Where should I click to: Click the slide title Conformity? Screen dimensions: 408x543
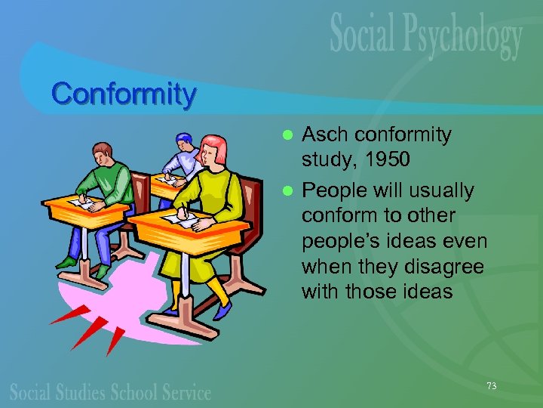(124, 95)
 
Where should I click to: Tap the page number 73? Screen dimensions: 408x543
(492, 386)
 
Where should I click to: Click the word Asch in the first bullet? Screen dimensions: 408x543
(326, 135)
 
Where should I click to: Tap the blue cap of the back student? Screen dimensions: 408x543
(184, 139)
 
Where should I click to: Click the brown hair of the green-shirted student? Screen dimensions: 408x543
(103, 152)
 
